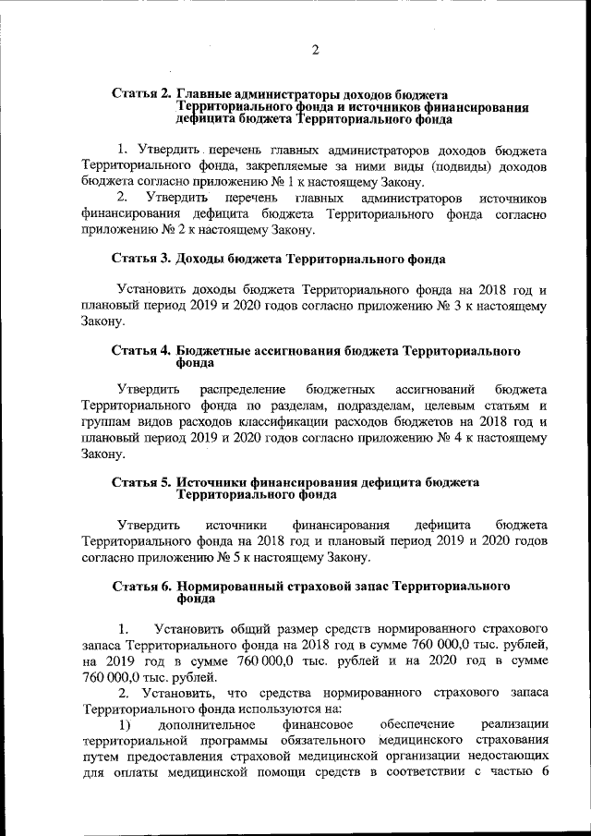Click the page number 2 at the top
(314, 50)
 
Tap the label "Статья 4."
(141, 351)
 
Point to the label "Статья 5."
(141, 482)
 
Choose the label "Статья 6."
(141, 587)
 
